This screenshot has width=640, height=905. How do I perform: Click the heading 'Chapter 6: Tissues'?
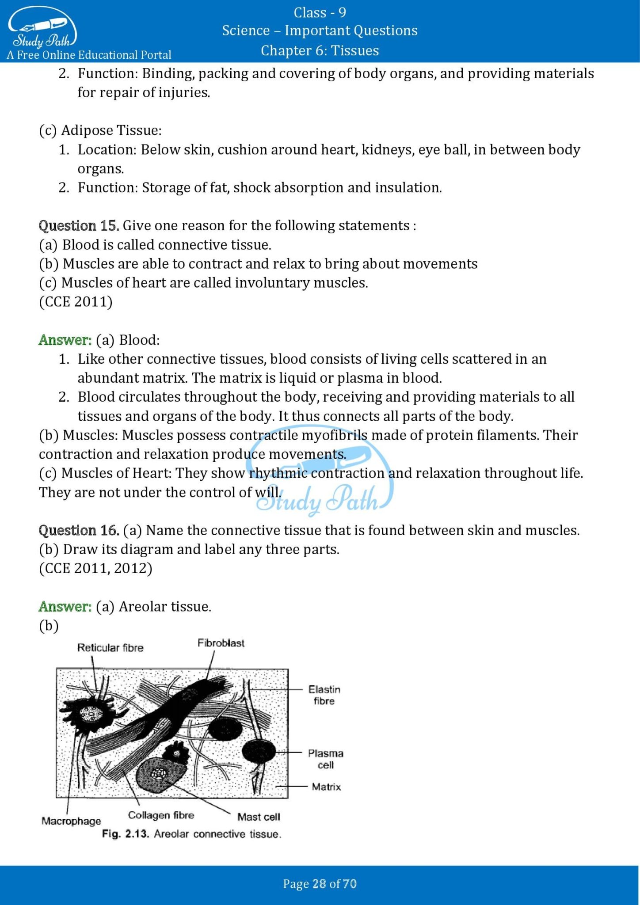pos(320,50)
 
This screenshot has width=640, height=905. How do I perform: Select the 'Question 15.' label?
pos(79,225)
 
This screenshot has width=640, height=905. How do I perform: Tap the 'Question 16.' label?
pos(79,530)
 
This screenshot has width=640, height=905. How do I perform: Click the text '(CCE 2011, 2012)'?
pos(95,568)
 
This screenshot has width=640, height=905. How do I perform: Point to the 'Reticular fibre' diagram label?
pos(110,648)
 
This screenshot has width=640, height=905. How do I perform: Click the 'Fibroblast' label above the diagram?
pos(221,643)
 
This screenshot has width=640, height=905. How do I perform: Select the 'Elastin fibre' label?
pos(324,695)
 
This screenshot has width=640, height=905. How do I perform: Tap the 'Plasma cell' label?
pos(325,759)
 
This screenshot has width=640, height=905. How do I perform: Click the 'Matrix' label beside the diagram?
pos(326,787)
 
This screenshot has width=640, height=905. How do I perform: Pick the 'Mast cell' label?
pos(259,817)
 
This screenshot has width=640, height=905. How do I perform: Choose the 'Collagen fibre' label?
pos(161,815)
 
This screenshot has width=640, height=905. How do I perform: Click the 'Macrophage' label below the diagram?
pos(71,821)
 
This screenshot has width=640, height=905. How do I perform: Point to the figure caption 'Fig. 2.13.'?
pos(126,834)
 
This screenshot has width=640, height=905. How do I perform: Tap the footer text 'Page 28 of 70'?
pos(320,883)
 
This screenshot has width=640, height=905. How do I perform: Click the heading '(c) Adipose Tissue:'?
pos(100,130)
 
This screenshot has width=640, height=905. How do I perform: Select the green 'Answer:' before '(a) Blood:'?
pos(65,340)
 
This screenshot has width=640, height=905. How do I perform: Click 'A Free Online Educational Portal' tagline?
pos(89,55)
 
